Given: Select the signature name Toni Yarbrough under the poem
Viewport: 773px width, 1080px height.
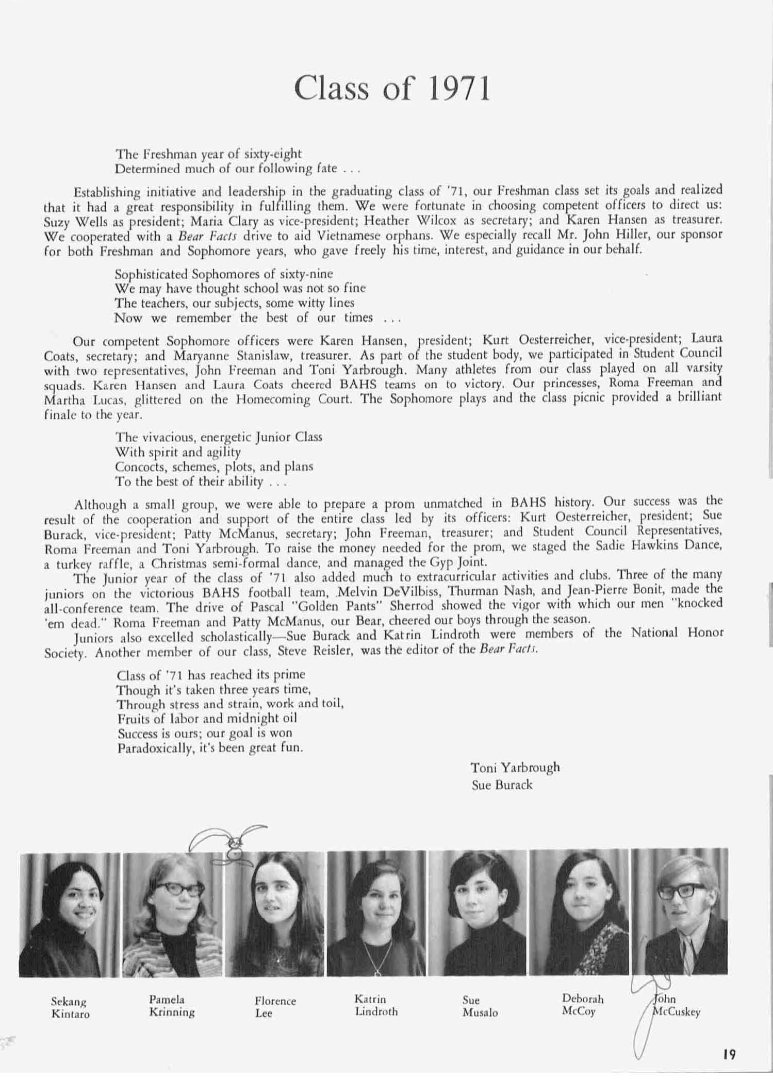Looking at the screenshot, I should tap(515, 767).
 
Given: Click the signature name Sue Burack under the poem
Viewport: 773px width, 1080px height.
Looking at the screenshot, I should tap(501, 785).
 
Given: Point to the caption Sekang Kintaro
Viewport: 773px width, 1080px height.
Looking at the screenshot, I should tap(70, 1007).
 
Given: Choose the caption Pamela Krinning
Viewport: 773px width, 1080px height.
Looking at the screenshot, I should tap(172, 1005).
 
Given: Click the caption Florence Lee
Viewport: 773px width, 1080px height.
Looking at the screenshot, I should tap(275, 1006).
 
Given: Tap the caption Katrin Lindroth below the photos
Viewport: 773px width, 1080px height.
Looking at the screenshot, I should tap(375, 1005).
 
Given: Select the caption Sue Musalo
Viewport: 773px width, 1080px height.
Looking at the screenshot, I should tap(480, 1006).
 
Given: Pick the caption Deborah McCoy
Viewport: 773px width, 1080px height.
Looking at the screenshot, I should tap(582, 1005).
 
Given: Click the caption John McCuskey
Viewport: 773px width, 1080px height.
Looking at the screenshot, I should tap(676, 1005).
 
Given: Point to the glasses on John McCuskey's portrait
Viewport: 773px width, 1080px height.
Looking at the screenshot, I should tap(681, 890).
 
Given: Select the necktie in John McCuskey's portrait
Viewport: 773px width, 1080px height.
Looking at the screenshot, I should tap(688, 953).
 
